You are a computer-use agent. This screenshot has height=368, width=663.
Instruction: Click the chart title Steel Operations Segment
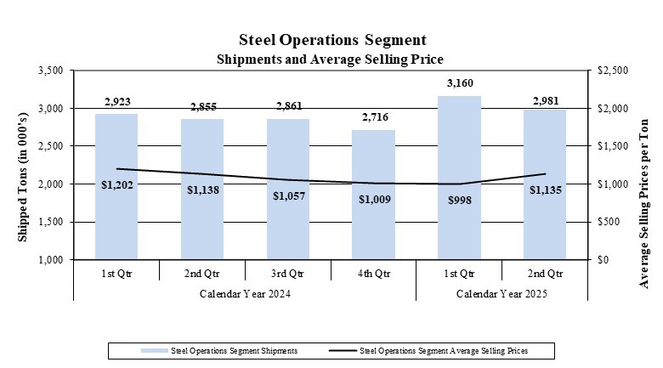(x=331, y=40)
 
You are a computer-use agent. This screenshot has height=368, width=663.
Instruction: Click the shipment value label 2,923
(x=116, y=102)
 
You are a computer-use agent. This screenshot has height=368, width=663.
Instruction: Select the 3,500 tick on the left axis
(x=51, y=71)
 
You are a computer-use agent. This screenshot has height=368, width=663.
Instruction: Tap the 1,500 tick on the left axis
(x=51, y=222)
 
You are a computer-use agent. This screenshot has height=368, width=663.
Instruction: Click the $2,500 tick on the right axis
(x=611, y=71)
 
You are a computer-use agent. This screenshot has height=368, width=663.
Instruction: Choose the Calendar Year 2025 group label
(x=501, y=294)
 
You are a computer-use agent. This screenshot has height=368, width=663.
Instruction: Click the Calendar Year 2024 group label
(x=245, y=294)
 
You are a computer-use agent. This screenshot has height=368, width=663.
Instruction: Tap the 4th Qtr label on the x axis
(x=373, y=274)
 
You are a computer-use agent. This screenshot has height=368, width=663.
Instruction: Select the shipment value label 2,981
(x=545, y=100)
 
